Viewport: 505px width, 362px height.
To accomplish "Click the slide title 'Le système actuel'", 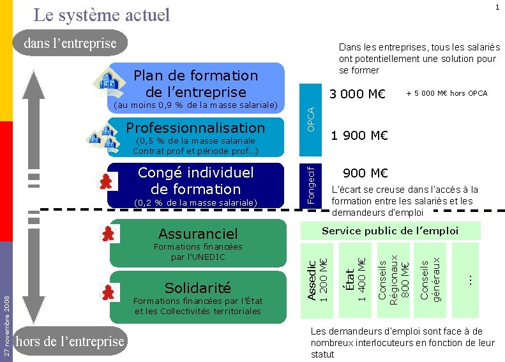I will pyautogui.click(x=102, y=14).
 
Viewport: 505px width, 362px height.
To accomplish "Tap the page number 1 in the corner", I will pyautogui.click(x=497, y=7).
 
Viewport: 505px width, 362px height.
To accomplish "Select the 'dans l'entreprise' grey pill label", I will pyautogui.click(x=70, y=43).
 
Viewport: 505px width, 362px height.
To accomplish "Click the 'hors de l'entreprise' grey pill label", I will pyautogui.click(x=70, y=342).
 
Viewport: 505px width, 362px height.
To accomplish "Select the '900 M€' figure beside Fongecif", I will pyautogui.click(x=365, y=173).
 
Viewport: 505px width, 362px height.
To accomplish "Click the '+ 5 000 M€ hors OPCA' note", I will pyautogui.click(x=446, y=94).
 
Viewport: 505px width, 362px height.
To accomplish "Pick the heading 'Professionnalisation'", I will pyautogui.click(x=195, y=127).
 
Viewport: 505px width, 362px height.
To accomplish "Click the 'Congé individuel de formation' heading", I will pyautogui.click(x=196, y=181).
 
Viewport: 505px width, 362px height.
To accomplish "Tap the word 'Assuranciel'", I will pyautogui.click(x=198, y=234).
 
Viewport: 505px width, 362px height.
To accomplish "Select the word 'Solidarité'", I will pyautogui.click(x=198, y=287).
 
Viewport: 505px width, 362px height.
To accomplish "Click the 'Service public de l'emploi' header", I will pyautogui.click(x=390, y=230).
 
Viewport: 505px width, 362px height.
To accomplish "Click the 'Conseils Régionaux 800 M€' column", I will pyautogui.click(x=393, y=279).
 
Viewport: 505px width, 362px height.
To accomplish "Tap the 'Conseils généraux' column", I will pyautogui.click(x=430, y=279).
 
